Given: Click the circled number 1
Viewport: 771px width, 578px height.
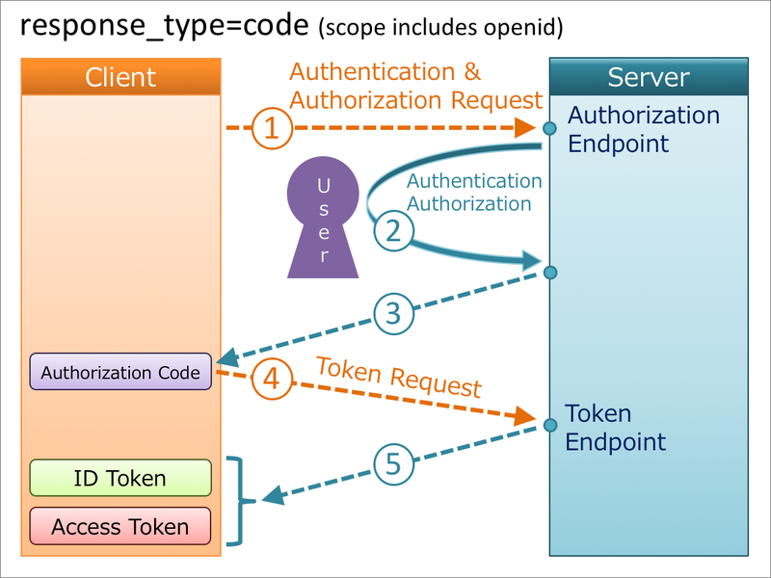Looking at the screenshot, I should [x=272, y=128].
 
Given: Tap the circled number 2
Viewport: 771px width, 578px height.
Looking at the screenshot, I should [x=393, y=230].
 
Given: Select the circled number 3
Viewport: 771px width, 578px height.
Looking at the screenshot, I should [x=393, y=313].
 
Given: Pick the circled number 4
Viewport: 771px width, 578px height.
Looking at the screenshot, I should [x=272, y=380].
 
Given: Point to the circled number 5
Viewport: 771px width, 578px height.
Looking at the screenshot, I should [x=393, y=464].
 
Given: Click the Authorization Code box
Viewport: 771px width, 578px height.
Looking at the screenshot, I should [x=120, y=373].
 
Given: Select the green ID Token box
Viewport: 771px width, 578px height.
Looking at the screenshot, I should [x=120, y=478].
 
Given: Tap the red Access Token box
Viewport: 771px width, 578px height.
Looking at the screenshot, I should [x=120, y=526].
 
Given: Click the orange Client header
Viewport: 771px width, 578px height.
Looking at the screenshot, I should [x=120, y=77].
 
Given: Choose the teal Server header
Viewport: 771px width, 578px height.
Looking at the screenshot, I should [x=648, y=77].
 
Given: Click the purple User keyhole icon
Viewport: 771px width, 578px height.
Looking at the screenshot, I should [x=322, y=220].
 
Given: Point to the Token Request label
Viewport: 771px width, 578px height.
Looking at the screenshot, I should [x=398, y=377].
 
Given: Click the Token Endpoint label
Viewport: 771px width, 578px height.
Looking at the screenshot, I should [x=615, y=428].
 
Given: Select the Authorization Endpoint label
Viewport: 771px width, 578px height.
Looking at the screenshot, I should [x=643, y=129].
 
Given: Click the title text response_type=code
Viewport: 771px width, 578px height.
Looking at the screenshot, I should [x=165, y=26].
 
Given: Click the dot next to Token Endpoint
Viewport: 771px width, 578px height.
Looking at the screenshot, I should [x=549, y=425].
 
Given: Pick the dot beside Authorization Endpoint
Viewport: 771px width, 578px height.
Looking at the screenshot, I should [x=549, y=128].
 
